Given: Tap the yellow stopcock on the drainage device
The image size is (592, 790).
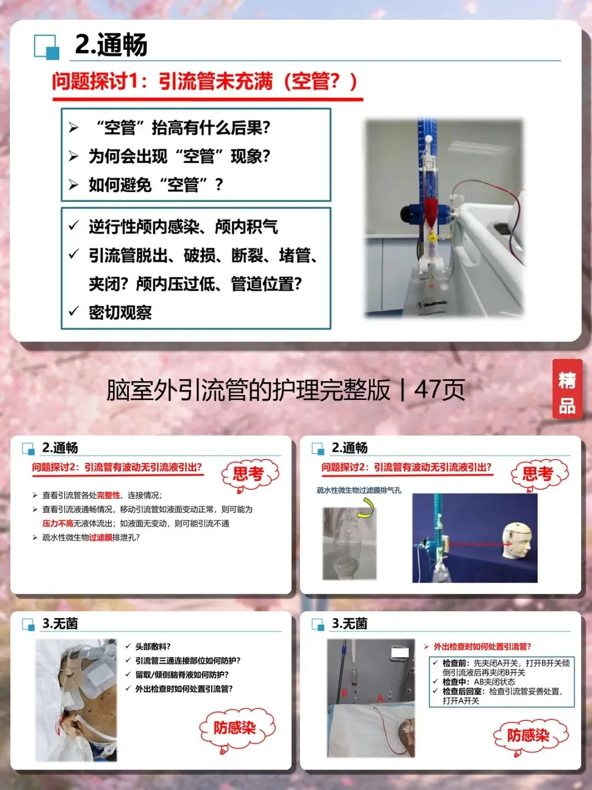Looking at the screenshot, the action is (x=432, y=237).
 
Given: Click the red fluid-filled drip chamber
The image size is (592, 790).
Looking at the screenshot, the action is (x=431, y=210).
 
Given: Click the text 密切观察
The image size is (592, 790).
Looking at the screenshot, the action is (x=120, y=312).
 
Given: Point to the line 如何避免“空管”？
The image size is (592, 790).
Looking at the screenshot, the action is (x=156, y=185).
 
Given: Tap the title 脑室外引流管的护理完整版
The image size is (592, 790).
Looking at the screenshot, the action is (x=248, y=390).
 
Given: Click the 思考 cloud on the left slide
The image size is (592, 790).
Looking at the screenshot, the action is (x=250, y=475).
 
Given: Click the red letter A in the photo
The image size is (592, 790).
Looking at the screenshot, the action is (x=380, y=698).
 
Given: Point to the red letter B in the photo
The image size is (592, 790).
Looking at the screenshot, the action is (x=344, y=692).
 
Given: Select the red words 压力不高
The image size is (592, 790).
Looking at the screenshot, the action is (x=58, y=523).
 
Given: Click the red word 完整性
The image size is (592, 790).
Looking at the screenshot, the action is (x=108, y=495).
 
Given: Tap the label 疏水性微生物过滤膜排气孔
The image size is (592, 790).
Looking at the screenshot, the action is (x=358, y=490).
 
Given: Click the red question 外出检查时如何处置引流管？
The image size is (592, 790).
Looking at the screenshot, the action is (x=482, y=646).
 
